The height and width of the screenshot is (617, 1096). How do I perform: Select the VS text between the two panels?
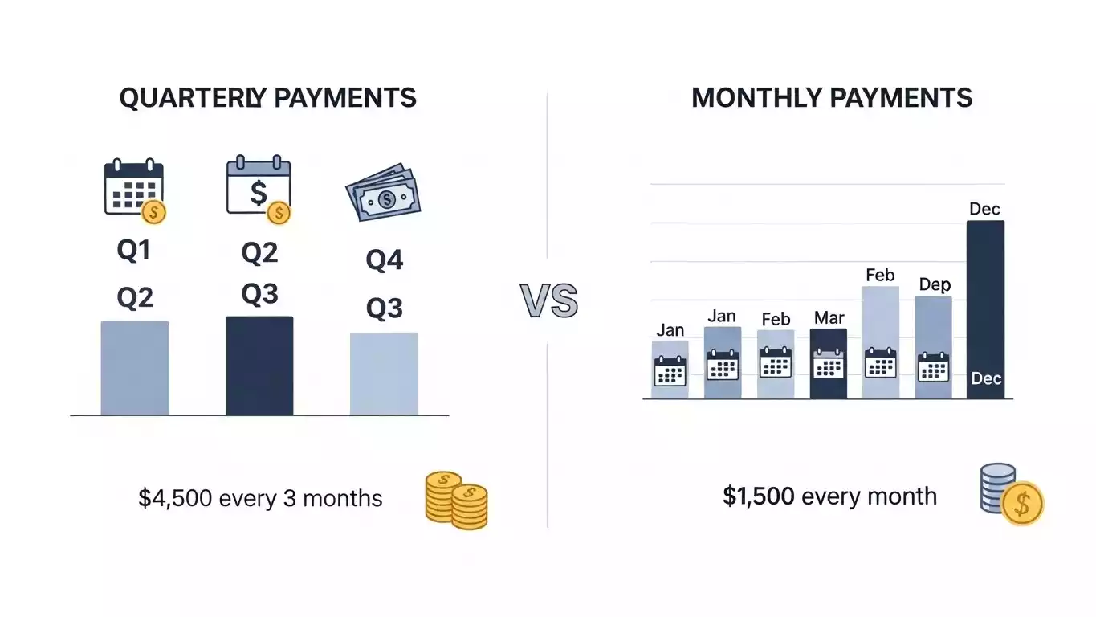click(x=548, y=301)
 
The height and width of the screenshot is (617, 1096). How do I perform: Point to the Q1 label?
click(x=134, y=251)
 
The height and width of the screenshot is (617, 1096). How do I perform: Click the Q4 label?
click(x=384, y=260)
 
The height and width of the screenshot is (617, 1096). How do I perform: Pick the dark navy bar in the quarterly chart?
click(x=259, y=366)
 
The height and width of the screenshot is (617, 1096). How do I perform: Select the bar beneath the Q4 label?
click(x=384, y=374)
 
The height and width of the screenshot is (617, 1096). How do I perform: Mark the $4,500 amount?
click(x=175, y=498)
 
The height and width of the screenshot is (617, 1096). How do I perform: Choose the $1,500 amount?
click(x=759, y=496)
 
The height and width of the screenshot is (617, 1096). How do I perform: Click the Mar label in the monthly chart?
click(x=829, y=318)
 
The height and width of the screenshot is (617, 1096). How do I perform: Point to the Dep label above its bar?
click(x=934, y=285)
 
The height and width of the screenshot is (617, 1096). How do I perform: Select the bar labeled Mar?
click(x=829, y=364)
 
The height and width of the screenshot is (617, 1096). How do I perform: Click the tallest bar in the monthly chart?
click(x=985, y=309)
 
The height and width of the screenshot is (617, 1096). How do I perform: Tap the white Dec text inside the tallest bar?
click(x=985, y=378)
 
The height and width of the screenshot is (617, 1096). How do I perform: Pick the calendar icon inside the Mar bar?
click(x=829, y=366)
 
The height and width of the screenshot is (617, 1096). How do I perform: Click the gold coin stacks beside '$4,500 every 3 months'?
click(x=455, y=500)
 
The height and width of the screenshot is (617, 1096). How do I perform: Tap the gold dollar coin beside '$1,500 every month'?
click(x=1022, y=504)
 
